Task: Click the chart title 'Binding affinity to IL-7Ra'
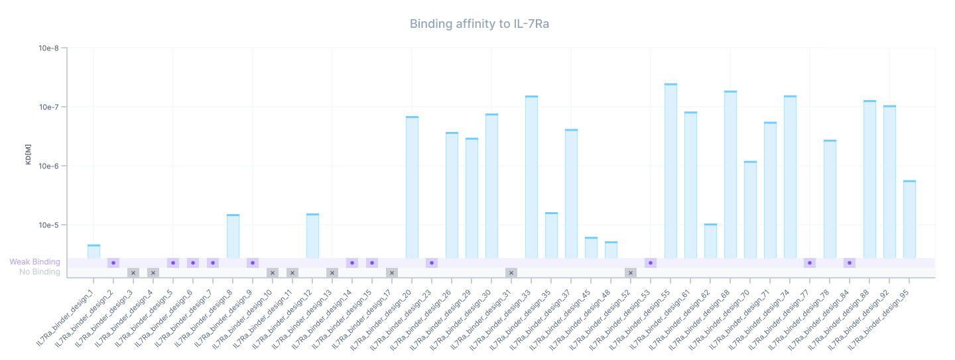click(x=479, y=24)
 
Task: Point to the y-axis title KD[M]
click(x=29, y=152)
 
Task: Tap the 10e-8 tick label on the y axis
click(x=48, y=48)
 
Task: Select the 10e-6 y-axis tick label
click(x=48, y=166)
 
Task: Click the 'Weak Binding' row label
click(x=34, y=262)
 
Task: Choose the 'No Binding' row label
click(x=39, y=272)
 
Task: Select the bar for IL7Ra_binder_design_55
click(x=670, y=171)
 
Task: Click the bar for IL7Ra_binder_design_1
click(x=94, y=251)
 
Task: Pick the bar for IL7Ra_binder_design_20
click(x=412, y=187)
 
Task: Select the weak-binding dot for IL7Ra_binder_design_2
click(x=113, y=263)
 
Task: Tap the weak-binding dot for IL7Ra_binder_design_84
click(x=850, y=263)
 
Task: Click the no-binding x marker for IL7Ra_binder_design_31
click(x=511, y=272)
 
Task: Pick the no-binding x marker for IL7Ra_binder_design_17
click(x=392, y=272)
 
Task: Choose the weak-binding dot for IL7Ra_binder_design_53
click(x=651, y=263)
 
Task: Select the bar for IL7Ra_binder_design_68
click(x=730, y=174)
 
